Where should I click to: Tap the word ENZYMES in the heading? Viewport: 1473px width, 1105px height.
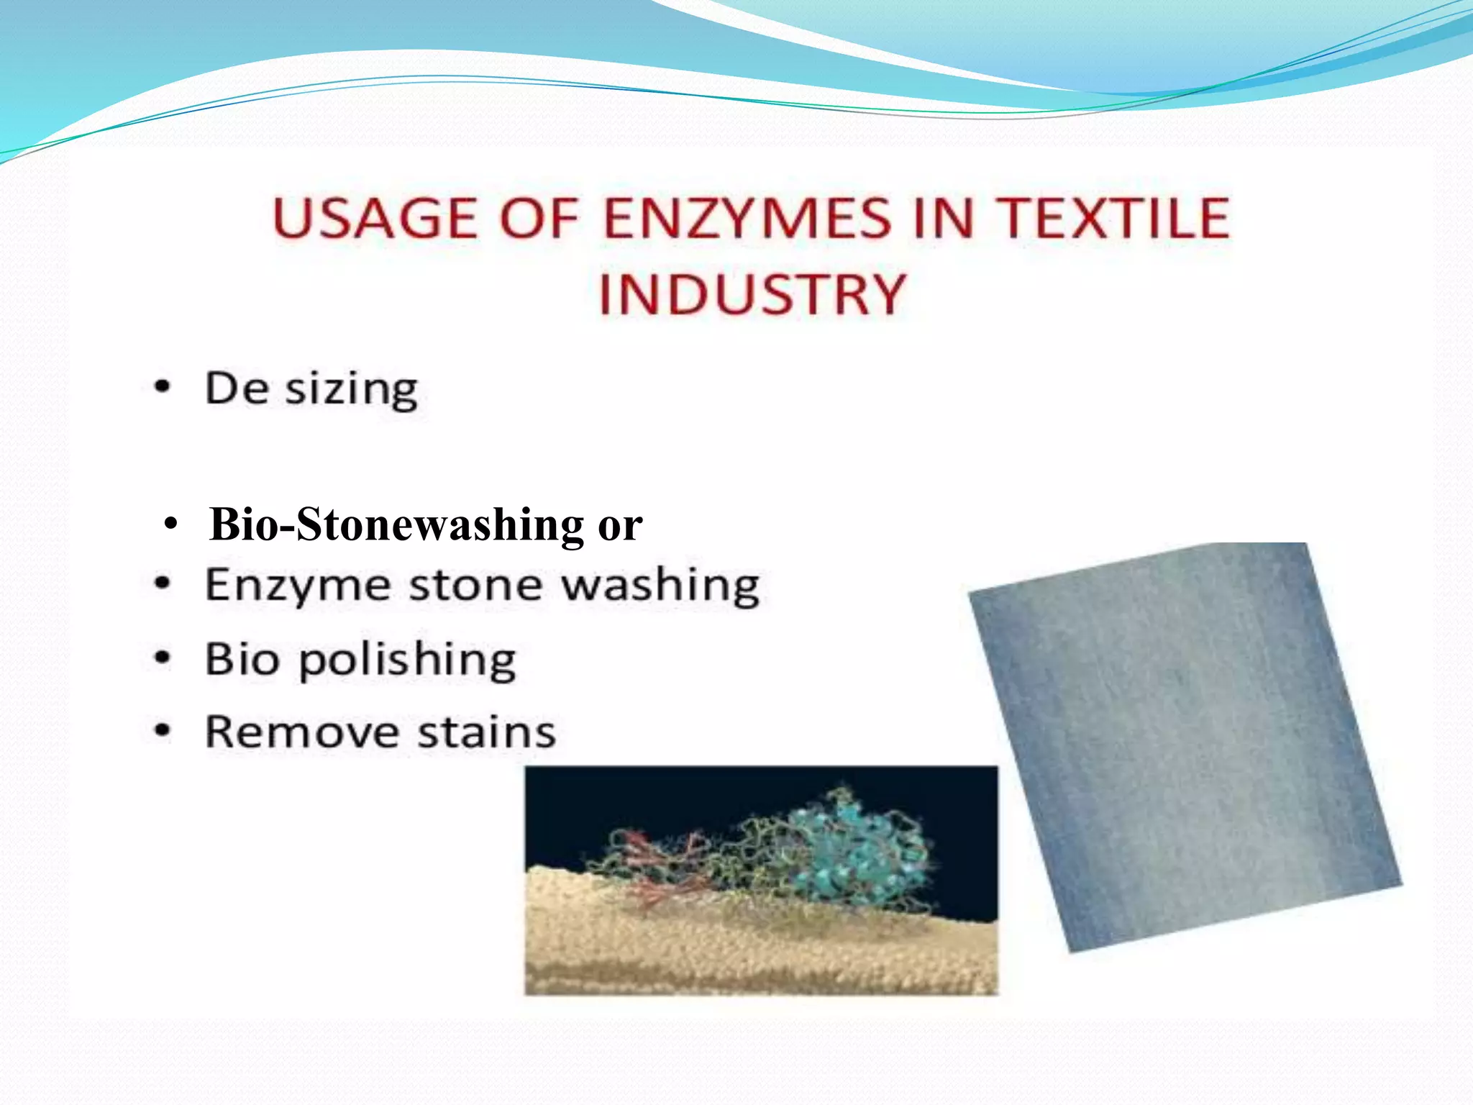click(x=747, y=218)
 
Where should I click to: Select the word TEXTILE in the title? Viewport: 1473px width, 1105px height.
click(x=1116, y=218)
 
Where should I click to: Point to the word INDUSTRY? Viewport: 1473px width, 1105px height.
click(x=752, y=294)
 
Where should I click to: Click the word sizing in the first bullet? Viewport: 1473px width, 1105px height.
click(x=351, y=391)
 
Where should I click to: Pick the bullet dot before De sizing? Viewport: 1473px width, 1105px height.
click(x=163, y=388)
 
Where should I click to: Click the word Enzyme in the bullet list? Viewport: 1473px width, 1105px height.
click(x=298, y=586)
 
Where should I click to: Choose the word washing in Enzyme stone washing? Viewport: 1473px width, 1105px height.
click(x=660, y=586)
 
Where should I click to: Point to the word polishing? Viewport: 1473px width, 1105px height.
click(x=407, y=660)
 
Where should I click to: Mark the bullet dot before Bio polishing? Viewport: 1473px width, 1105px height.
click(x=163, y=658)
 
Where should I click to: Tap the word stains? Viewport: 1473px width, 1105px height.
click(x=487, y=732)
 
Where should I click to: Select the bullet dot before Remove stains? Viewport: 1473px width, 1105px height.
click(x=163, y=731)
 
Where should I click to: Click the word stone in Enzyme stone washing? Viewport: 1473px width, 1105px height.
click(x=475, y=585)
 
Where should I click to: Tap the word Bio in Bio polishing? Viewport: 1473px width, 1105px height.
click(x=242, y=659)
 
